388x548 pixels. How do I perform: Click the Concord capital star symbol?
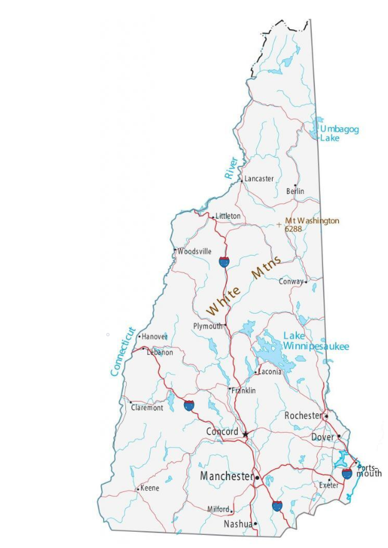(246, 433)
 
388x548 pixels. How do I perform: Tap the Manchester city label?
(226, 476)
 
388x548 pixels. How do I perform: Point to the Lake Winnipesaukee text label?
(316, 341)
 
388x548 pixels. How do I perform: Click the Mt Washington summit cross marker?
(279, 224)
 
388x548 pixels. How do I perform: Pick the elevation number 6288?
(293, 229)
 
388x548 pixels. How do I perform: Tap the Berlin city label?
(295, 191)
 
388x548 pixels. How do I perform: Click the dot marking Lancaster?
(241, 180)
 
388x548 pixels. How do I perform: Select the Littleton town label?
(228, 216)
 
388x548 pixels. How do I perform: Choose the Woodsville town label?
(195, 251)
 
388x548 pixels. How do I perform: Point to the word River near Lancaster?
(232, 168)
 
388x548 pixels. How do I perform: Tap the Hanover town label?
(155, 337)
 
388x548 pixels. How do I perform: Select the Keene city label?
(150, 488)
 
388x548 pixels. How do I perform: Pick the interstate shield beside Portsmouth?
(347, 474)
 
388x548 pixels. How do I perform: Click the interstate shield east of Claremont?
(189, 406)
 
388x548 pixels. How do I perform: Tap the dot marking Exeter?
(329, 479)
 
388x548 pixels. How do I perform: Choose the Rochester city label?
(303, 415)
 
